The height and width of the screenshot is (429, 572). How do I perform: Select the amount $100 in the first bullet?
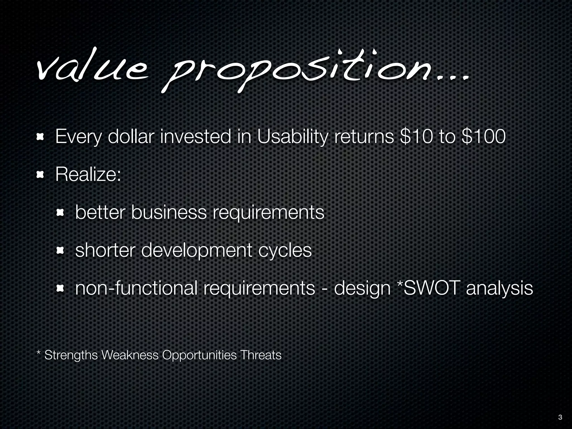pyautogui.click(x=484, y=137)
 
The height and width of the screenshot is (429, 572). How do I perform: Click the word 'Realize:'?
pyautogui.click(x=88, y=175)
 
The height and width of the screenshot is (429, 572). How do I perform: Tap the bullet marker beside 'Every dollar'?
pyautogui.click(x=40, y=137)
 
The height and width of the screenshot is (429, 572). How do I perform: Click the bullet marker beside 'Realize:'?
pyautogui.click(x=40, y=175)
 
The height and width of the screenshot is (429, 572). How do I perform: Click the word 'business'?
pyautogui.click(x=169, y=213)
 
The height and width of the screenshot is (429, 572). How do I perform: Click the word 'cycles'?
pyautogui.click(x=285, y=251)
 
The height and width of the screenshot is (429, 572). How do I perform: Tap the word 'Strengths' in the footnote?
pyautogui.click(x=71, y=355)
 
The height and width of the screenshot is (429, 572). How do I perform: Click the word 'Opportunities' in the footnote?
pyautogui.click(x=199, y=355)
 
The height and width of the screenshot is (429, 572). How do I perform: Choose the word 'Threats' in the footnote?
pyautogui.click(x=261, y=355)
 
